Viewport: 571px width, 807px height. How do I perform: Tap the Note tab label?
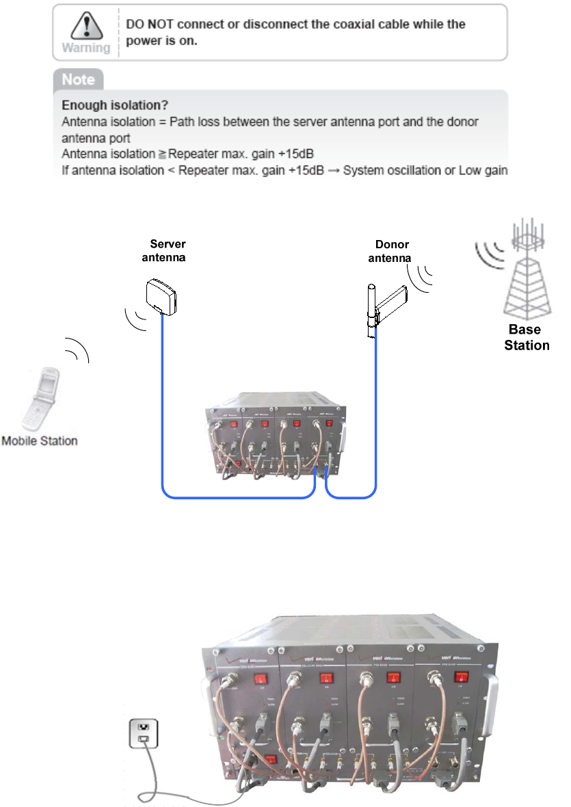click(x=78, y=79)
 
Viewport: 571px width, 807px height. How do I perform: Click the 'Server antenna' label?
click(x=164, y=250)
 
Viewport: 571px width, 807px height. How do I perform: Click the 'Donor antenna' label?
click(x=390, y=250)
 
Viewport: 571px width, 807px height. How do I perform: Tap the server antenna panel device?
click(x=162, y=295)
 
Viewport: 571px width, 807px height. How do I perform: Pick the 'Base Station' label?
click(x=527, y=338)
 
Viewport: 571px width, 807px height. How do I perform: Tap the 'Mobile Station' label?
click(x=40, y=441)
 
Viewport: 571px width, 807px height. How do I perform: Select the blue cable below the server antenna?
click(x=162, y=397)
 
